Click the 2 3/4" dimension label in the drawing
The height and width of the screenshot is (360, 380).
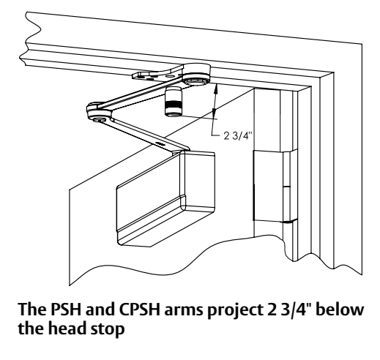click(237, 136)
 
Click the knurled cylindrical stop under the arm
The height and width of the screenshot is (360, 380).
click(174, 102)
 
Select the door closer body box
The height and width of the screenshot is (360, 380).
click(165, 198)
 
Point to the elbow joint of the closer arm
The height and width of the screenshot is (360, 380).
click(99, 112)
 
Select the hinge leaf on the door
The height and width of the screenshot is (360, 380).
click(268, 186)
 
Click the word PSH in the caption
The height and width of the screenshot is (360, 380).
click(66, 310)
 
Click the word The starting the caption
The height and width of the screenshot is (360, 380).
click(32, 310)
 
